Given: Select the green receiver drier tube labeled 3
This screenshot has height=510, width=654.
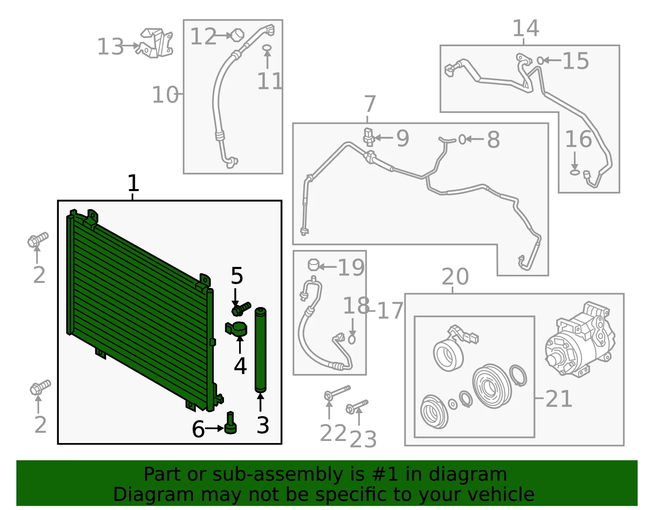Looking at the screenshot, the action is pos(260,350).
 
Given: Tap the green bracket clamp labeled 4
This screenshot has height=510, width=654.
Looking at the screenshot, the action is pos(236,329).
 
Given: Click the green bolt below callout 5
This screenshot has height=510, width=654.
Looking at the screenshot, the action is pos(241,309).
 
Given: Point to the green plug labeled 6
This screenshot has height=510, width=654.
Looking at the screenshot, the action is pos(231,423).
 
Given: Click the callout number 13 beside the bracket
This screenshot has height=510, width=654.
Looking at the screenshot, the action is pos(110,47).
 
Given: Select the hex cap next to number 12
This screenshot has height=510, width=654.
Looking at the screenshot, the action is pos(237,35).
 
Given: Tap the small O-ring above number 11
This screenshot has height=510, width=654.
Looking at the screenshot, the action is pos(267,48).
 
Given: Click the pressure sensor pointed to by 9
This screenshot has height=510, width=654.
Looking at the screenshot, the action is pos(369,137).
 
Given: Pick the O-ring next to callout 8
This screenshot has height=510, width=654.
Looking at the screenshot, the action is pos(462,140).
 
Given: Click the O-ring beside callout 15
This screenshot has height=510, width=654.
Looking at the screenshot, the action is pos(540,61).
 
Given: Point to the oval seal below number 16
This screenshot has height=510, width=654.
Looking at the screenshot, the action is pos(575,172).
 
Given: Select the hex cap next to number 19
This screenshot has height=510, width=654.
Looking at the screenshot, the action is pos(314,265).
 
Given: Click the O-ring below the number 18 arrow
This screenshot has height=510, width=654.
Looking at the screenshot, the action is pos(352,340).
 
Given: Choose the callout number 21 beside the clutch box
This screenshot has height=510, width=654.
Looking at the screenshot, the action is pos(559,399).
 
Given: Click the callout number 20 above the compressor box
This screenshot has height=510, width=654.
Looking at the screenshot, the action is pos(455,276).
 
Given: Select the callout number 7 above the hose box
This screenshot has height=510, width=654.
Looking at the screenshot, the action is pos(370,104).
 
